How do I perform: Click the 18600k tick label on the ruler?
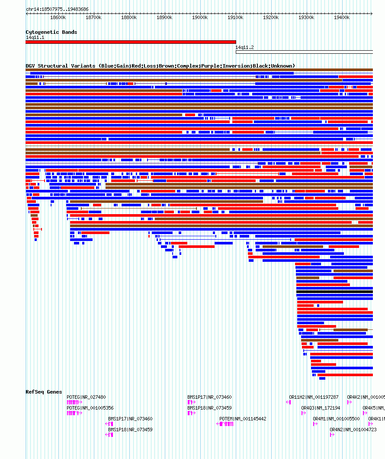click(x=58, y=17)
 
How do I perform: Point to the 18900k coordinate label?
click(x=164, y=17)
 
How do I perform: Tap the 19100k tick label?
click(x=235, y=17)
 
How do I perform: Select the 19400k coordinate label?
click(x=342, y=17)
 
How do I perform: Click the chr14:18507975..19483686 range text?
click(x=57, y=9)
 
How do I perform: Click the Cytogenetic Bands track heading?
click(x=51, y=32)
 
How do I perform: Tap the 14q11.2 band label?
click(x=244, y=47)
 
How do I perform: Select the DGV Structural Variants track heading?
click(x=160, y=66)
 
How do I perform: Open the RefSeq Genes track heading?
click(x=44, y=392)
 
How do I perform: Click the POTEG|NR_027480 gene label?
click(x=86, y=397)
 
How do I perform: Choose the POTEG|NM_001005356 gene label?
click(x=90, y=408)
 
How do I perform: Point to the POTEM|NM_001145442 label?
click(x=243, y=419)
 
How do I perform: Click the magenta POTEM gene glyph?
click(x=227, y=424)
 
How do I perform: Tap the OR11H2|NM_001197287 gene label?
click(x=314, y=397)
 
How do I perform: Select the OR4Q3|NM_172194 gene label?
click(x=321, y=408)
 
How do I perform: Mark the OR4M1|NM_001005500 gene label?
click(x=336, y=419)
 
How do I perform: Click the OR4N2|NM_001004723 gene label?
click(x=353, y=430)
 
